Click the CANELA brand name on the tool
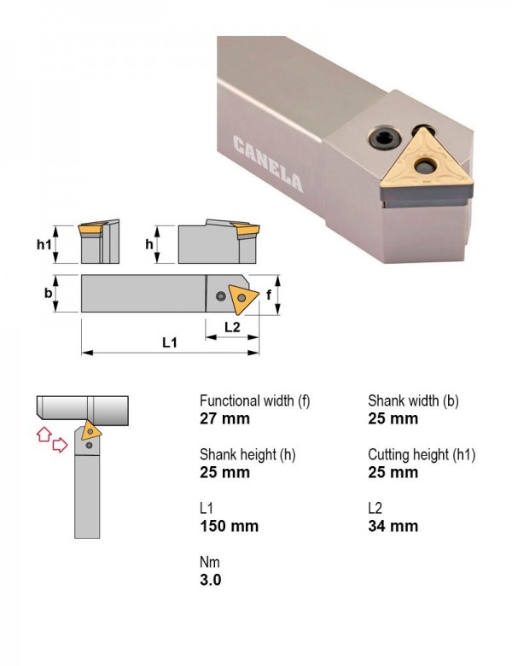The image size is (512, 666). pyautogui.click(x=268, y=164)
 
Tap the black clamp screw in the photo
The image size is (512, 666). pyautogui.click(x=385, y=138)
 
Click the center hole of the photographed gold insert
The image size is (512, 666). pyautogui.click(x=424, y=166)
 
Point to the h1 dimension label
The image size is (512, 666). pyautogui.click(x=44, y=244)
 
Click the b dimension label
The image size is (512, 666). pyautogui.click(x=49, y=293)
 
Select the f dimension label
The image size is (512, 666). pyautogui.click(x=268, y=295)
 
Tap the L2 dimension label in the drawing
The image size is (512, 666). pyautogui.click(x=232, y=327)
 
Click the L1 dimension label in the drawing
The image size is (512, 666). pyautogui.click(x=170, y=342)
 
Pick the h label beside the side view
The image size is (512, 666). pyautogui.click(x=149, y=244)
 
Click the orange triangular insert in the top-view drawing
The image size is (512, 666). pyautogui.click(x=242, y=298)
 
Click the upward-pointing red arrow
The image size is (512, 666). pyautogui.click(x=44, y=434)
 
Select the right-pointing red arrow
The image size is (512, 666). pyautogui.click(x=60, y=445)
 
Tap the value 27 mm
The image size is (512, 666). pyautogui.click(x=224, y=418)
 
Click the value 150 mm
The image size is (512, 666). pyautogui.click(x=229, y=526)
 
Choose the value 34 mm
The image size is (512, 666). pyautogui.click(x=393, y=526)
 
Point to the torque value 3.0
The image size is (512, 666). pyautogui.click(x=210, y=580)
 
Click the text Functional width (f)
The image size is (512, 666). pyautogui.click(x=255, y=400)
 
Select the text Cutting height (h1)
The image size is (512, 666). pyautogui.click(x=422, y=454)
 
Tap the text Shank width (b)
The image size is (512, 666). pyautogui.click(x=413, y=400)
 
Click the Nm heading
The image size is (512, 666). pyautogui.click(x=210, y=563)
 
